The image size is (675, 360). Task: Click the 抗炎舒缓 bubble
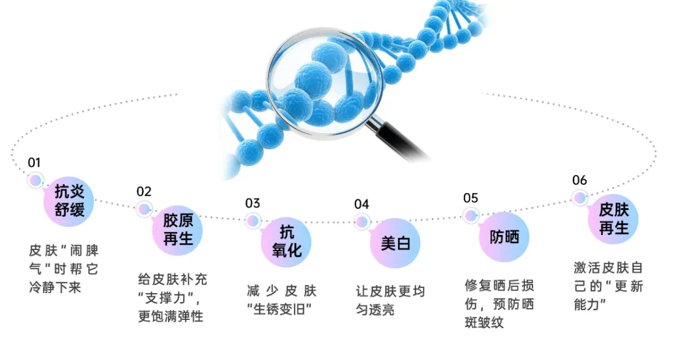click(69, 201)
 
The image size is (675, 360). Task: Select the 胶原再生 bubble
click(178, 229)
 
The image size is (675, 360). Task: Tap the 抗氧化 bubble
click(286, 241)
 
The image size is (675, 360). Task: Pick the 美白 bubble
click(395, 242)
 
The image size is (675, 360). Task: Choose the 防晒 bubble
click(504, 237)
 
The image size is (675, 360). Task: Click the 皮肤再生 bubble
click(613, 219)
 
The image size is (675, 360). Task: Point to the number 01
click(34, 162)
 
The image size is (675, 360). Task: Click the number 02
click(144, 191)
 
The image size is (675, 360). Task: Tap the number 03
click(252, 203)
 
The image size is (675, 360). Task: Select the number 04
click(361, 204)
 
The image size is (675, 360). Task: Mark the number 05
click(471, 198)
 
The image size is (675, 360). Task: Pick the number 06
click(579, 181)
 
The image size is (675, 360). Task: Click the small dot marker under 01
click(36, 180)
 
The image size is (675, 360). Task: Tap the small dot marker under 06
click(581, 198)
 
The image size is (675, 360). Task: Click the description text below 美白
click(390, 300)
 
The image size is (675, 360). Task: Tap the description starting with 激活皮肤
click(607, 286)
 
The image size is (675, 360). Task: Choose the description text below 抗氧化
click(282, 300)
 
